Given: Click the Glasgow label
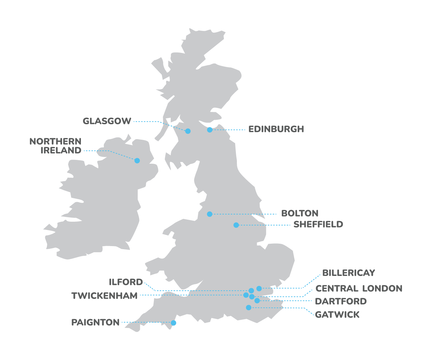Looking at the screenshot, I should click(x=107, y=121).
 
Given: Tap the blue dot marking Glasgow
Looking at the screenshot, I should click(x=188, y=131).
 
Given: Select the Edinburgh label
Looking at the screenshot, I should click(x=276, y=129).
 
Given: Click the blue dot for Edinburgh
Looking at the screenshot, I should click(x=210, y=130).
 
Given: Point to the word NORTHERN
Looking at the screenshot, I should click(x=55, y=141).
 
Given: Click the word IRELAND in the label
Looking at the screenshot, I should click(x=61, y=150).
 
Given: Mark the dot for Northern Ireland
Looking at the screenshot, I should click(x=137, y=161).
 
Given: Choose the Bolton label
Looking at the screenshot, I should click(x=300, y=213).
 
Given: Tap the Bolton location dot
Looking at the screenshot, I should click(x=210, y=214).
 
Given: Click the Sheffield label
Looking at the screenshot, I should click(x=318, y=224).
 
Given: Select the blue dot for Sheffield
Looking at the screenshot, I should click(x=236, y=225).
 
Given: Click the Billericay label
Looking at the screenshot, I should click(x=349, y=273).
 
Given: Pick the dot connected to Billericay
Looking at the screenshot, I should click(x=259, y=289).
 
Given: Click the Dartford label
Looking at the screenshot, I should click(x=341, y=301).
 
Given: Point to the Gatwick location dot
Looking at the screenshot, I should click(x=249, y=307).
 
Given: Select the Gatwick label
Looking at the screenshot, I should click(x=337, y=315).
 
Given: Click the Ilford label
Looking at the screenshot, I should click(x=126, y=282).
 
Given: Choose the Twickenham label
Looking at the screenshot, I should click(x=105, y=296).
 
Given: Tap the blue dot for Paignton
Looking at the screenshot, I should click(x=173, y=323).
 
